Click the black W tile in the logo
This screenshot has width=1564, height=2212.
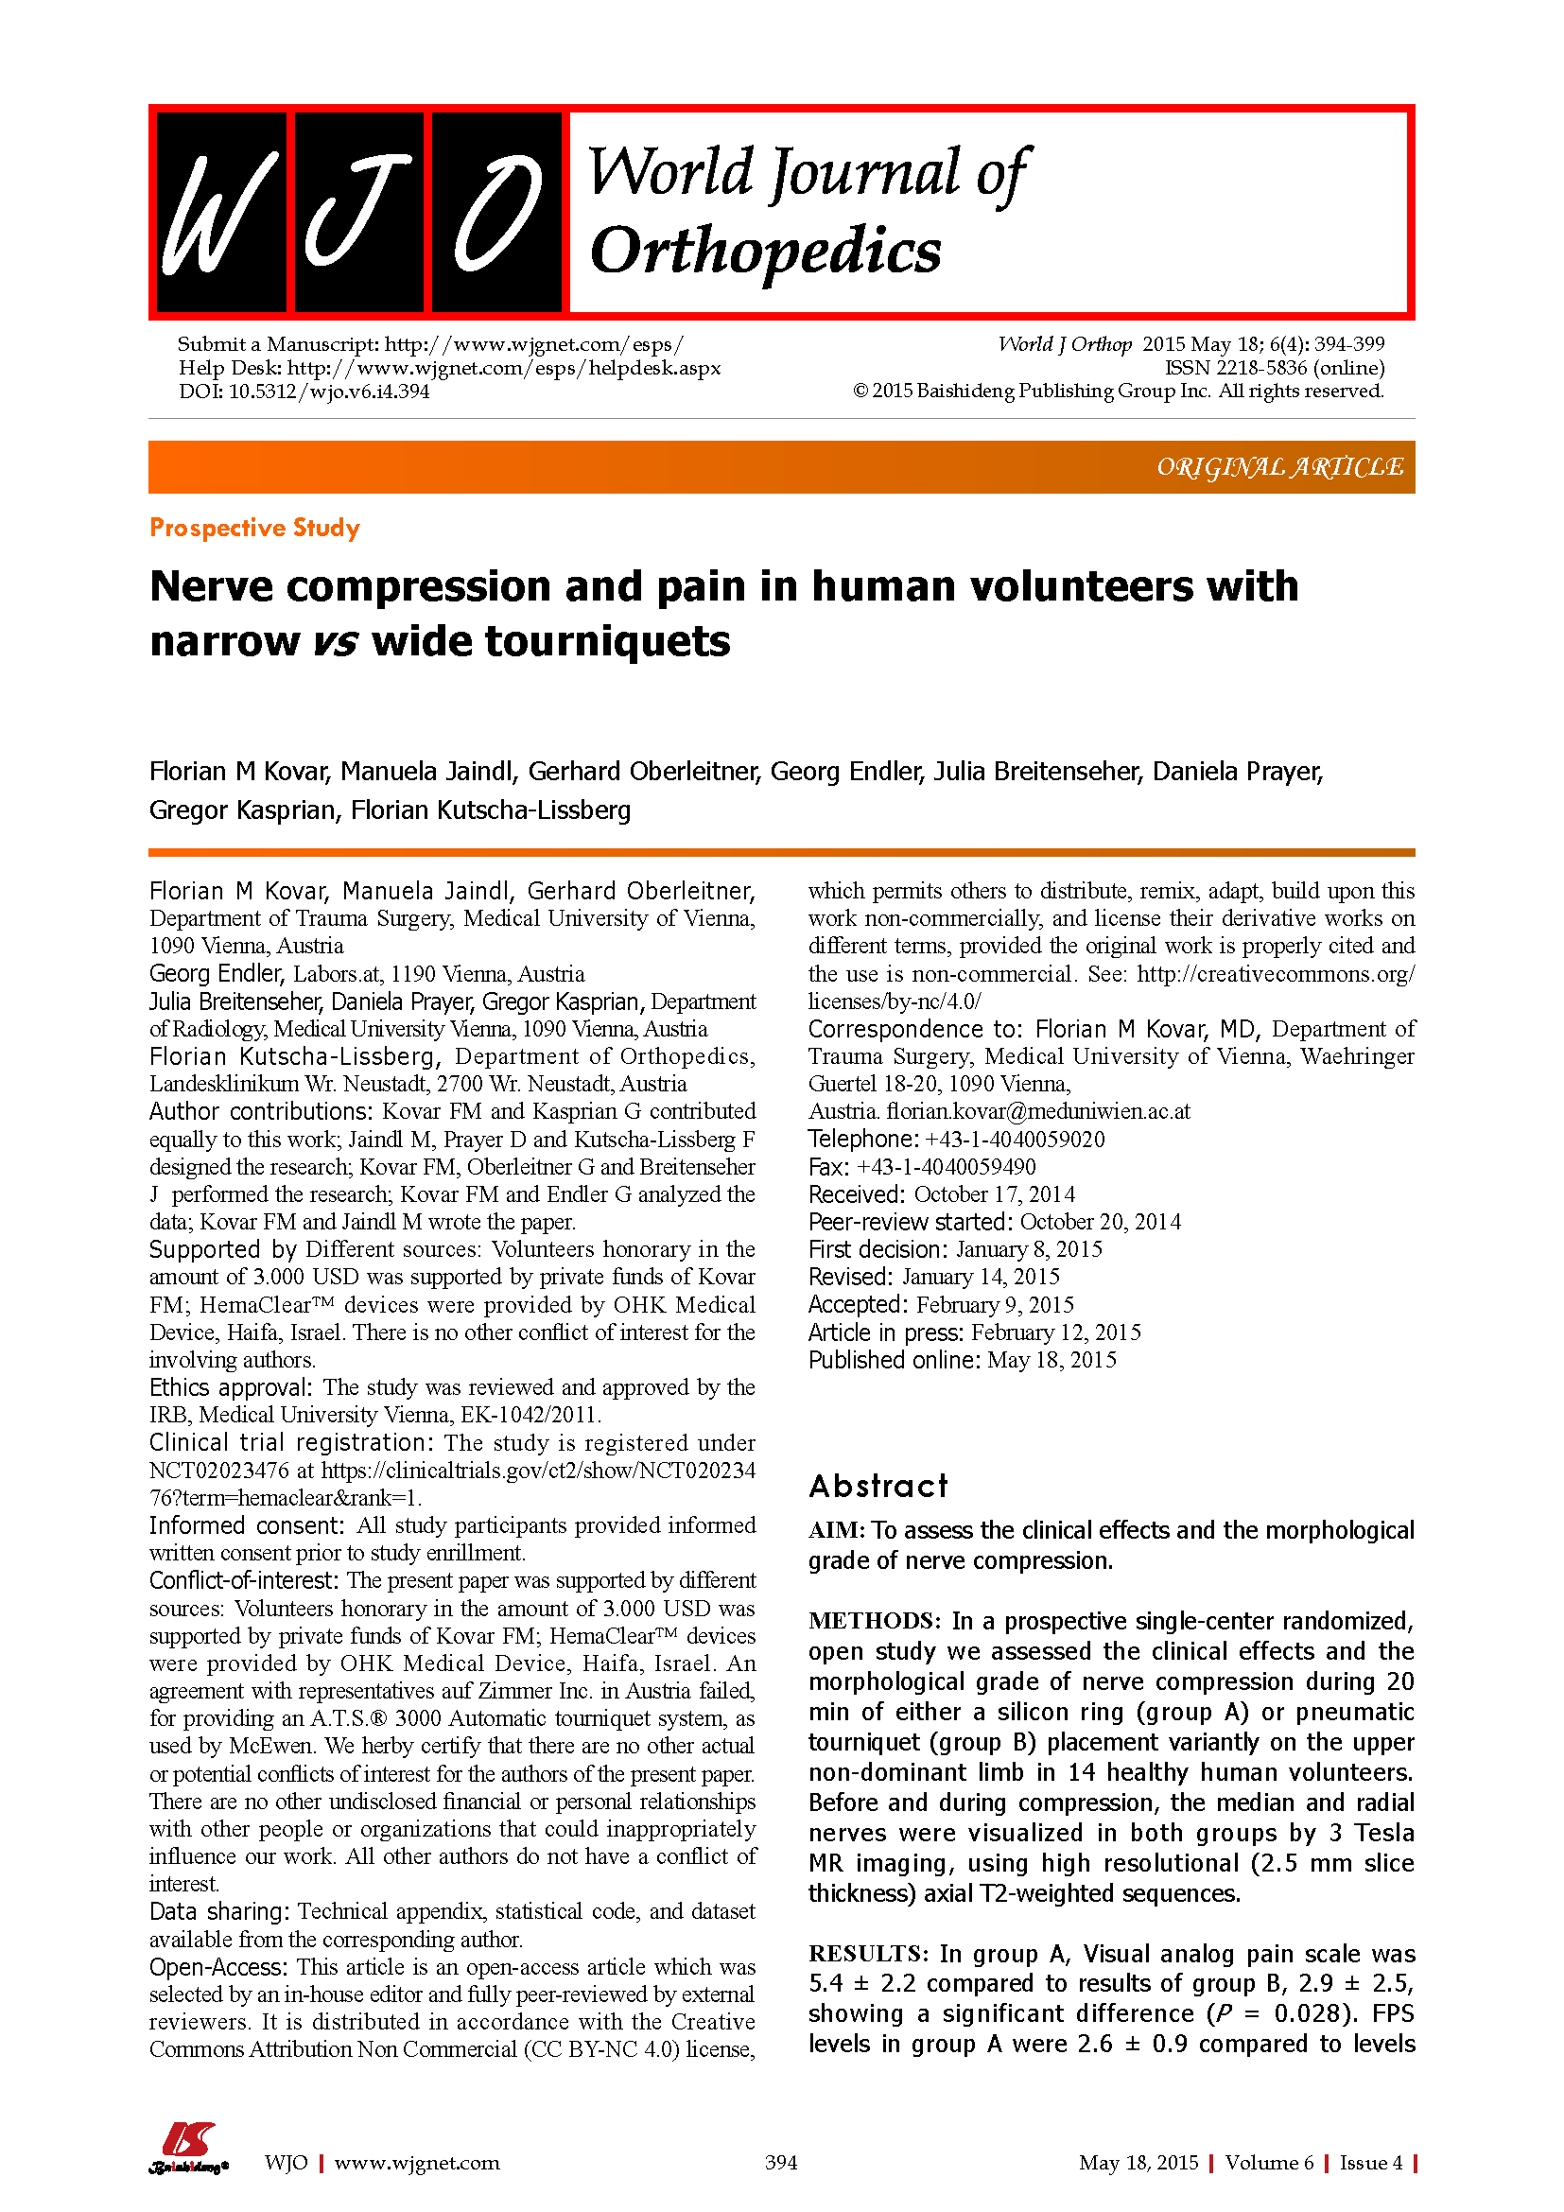(x=221, y=212)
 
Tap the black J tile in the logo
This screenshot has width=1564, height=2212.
(x=359, y=212)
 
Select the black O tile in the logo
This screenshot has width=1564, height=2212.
(x=497, y=212)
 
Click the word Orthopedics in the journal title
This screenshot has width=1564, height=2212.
(x=766, y=252)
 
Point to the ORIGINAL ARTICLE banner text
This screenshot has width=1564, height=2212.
(x=1279, y=467)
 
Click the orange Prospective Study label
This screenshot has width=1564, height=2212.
(x=254, y=528)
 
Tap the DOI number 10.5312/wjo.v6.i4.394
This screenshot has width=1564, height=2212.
(x=328, y=392)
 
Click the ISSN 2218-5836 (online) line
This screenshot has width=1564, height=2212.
(x=1274, y=367)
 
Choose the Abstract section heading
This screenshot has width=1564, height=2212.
(x=878, y=1486)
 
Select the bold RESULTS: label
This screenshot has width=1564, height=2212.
(x=869, y=1954)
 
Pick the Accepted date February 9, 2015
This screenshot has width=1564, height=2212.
(x=995, y=1304)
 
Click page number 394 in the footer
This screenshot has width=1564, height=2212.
(x=781, y=2163)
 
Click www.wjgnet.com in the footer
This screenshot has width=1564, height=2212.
(x=416, y=2163)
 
